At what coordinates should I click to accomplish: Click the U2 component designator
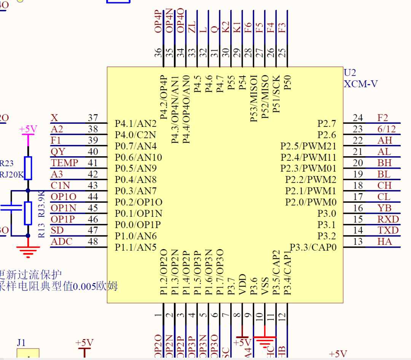coord(350,73)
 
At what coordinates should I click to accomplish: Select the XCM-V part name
coord(361,84)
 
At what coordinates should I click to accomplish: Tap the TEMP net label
coord(64,163)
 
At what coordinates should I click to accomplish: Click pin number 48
coord(92,242)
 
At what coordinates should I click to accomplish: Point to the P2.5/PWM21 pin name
coord(308,146)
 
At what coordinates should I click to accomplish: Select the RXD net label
coord(388,219)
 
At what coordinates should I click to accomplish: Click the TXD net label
coord(388,230)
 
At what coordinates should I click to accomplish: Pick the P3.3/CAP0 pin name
coord(313,247)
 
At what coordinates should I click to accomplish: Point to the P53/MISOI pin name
coord(254,98)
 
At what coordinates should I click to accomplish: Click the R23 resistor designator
coord(6,164)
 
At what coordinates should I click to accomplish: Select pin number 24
coord(358,118)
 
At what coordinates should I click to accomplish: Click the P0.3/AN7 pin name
coord(136,190)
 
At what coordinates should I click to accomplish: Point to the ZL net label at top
coord(192,27)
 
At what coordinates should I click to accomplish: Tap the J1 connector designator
coord(21,342)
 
